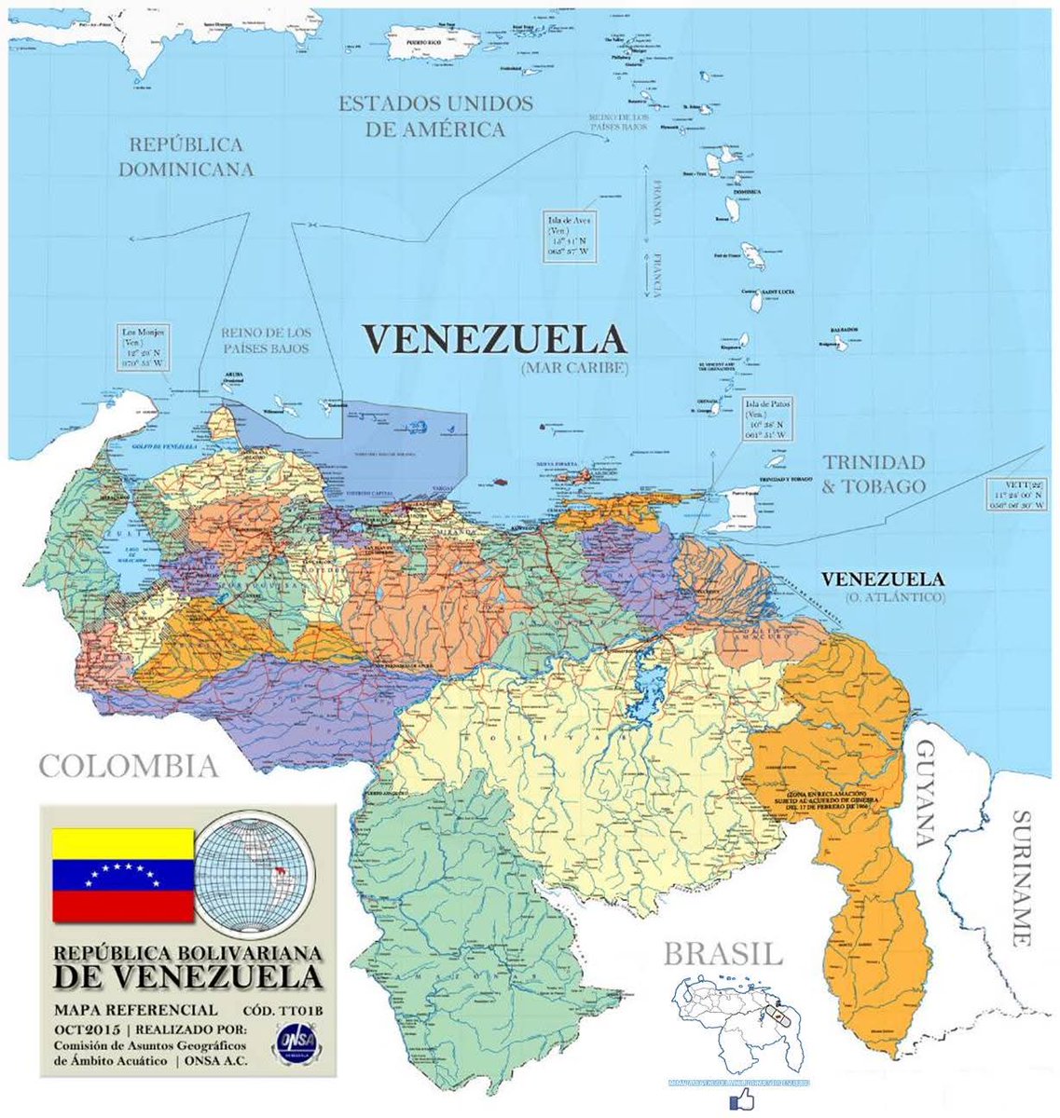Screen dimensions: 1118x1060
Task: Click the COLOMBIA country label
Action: click(128, 767)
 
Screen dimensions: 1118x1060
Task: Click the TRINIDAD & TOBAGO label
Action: click(874, 474)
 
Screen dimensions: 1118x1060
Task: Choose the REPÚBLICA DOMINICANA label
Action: click(186, 157)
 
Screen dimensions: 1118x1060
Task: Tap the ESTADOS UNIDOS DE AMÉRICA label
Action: click(435, 116)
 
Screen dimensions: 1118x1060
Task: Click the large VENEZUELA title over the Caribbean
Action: click(493, 338)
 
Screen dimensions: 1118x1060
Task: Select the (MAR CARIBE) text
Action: click(569, 368)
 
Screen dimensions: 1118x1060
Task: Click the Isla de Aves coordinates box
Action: click(570, 235)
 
